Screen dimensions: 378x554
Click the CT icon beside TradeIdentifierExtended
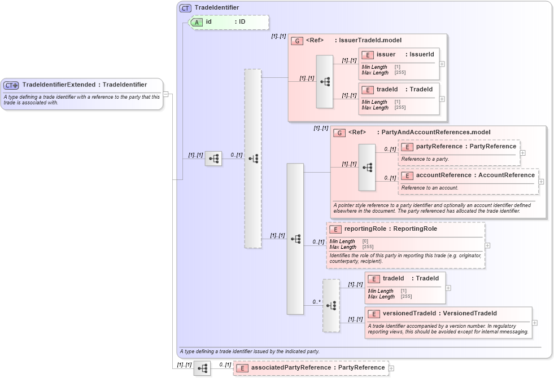point(11,85)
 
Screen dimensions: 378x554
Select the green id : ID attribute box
point(229,22)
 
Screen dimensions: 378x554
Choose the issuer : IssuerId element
point(405,54)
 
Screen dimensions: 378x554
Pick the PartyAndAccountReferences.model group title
point(419,132)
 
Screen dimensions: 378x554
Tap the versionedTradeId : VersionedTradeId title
point(439,313)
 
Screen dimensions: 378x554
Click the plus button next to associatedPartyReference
point(391,368)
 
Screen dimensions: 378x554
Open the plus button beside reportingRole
point(487,245)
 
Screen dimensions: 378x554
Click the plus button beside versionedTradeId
point(535,323)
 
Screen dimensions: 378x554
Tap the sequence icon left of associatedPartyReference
point(202,368)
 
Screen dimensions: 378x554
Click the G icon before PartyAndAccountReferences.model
point(339,133)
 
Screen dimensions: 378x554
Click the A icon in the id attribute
point(197,22)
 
